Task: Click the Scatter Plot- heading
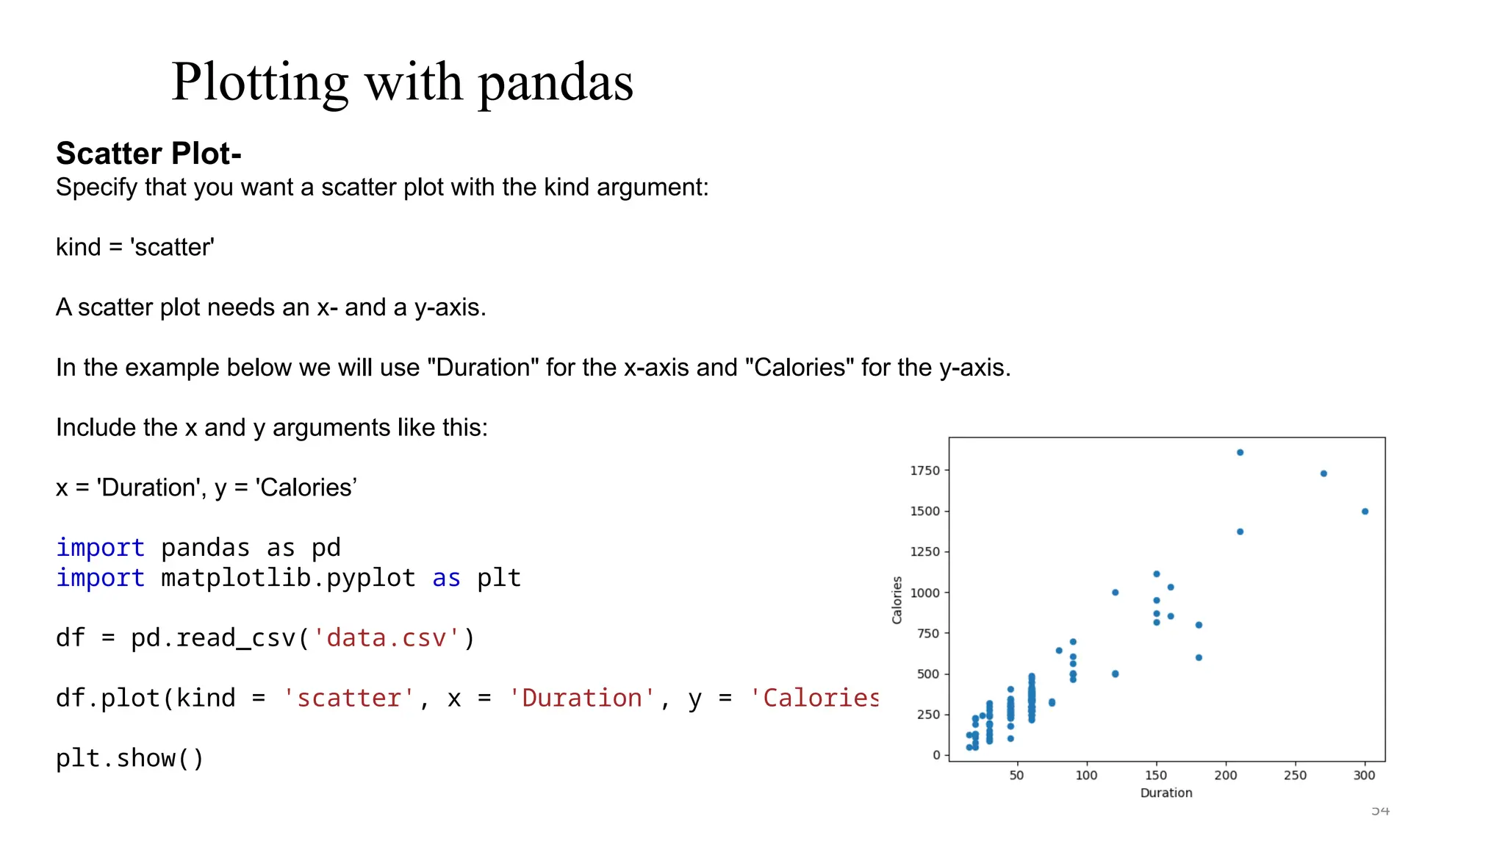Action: pos(148,153)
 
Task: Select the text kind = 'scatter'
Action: pos(134,247)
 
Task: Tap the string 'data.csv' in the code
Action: pos(387,637)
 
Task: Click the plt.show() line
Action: pos(129,758)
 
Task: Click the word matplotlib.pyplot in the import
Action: pos(288,578)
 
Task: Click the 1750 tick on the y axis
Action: pos(924,471)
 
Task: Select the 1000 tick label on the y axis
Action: pos(924,593)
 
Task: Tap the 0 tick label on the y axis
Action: pos(936,755)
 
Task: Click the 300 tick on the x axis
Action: pos(1364,775)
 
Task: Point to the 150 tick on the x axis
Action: pos(1155,775)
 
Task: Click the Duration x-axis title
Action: pos(1165,793)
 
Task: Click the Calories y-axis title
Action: pos(897,600)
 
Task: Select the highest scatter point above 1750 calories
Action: pos(1240,452)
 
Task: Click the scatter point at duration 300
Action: pos(1365,511)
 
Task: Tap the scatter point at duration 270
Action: pos(1323,473)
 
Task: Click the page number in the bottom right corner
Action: pos(1380,810)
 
